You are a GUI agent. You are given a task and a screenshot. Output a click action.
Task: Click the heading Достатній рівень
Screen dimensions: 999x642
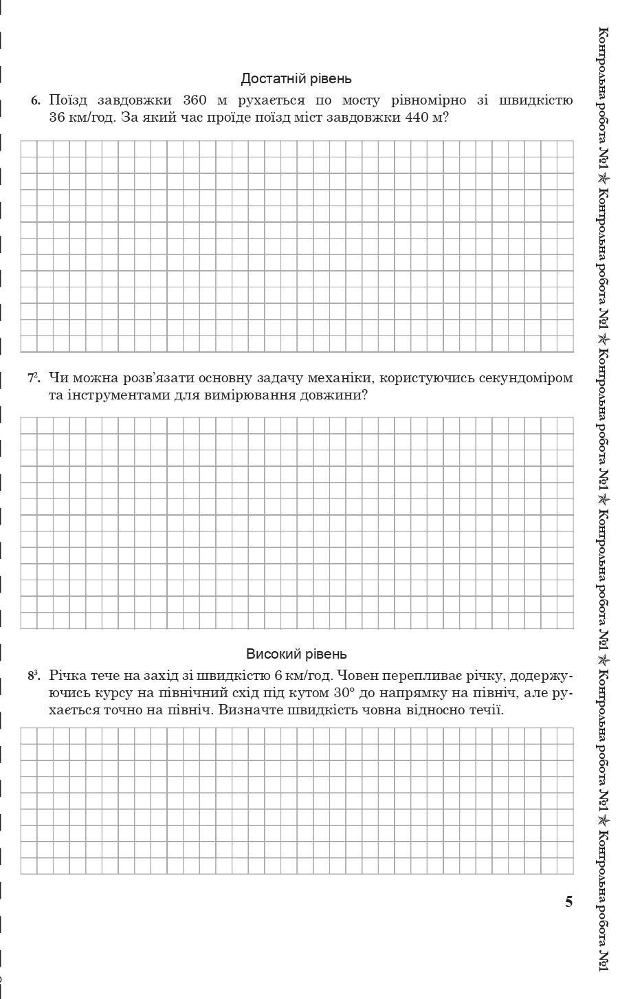tap(296, 79)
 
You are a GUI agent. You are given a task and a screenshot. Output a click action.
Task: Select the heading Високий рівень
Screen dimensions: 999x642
tap(296, 654)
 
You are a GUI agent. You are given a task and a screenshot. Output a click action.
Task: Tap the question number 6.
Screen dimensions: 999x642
tap(36, 101)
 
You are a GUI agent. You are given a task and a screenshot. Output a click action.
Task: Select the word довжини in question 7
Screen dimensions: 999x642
tap(333, 395)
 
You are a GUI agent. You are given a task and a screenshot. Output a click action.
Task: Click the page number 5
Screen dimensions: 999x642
tap(568, 902)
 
